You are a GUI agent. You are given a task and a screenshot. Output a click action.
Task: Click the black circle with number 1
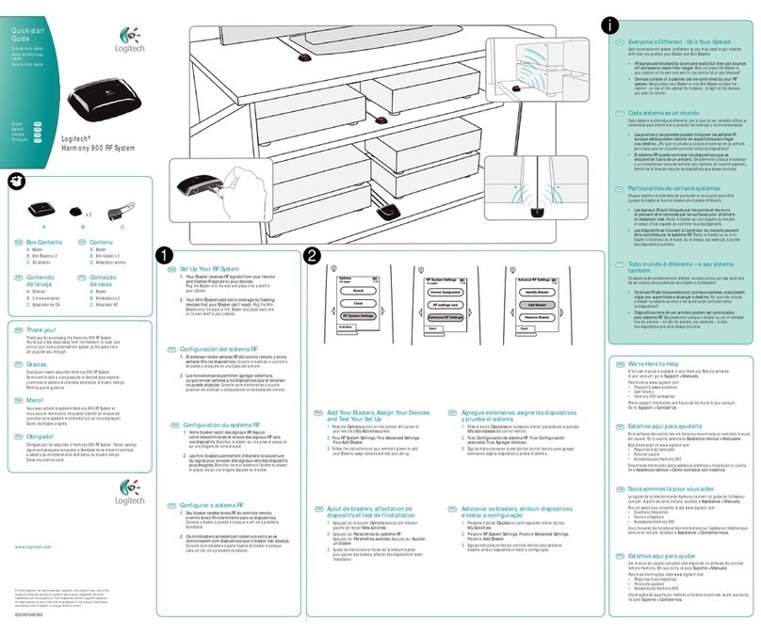click(165, 255)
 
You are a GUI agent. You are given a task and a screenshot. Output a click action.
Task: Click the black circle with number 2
click(314, 255)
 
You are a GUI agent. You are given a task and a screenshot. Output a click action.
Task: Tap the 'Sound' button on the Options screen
click(357, 292)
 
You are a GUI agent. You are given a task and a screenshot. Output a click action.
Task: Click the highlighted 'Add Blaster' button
click(531, 305)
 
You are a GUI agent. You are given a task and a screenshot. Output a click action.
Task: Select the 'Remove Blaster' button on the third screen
click(531, 317)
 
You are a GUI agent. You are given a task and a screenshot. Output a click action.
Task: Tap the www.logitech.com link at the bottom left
click(32, 547)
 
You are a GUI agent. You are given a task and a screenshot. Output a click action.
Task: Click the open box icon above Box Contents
click(16, 180)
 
